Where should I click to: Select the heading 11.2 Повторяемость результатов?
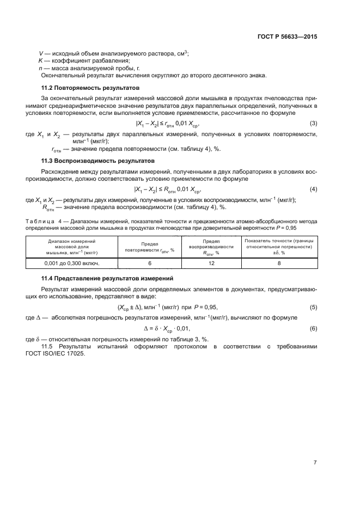[91, 88]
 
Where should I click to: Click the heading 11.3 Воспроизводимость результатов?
[99, 161]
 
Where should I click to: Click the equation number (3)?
[313, 124]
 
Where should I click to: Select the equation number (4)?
[313, 189]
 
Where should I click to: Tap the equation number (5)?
[313, 307]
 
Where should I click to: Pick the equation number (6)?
[313, 328]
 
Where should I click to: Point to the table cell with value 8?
[279, 263]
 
